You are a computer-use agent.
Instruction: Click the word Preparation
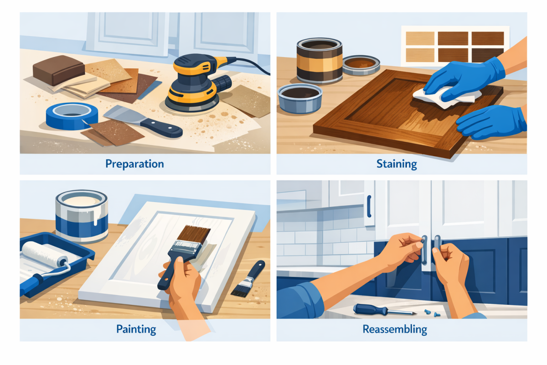click(x=134, y=164)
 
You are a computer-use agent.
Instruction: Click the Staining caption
click(x=396, y=164)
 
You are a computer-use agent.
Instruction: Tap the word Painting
click(x=136, y=328)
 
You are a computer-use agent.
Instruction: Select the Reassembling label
click(x=395, y=328)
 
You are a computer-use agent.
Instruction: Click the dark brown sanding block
click(x=58, y=70)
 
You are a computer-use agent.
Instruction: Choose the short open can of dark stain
click(x=300, y=97)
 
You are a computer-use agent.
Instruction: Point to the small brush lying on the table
click(x=249, y=278)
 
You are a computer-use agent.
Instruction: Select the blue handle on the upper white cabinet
click(x=369, y=206)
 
